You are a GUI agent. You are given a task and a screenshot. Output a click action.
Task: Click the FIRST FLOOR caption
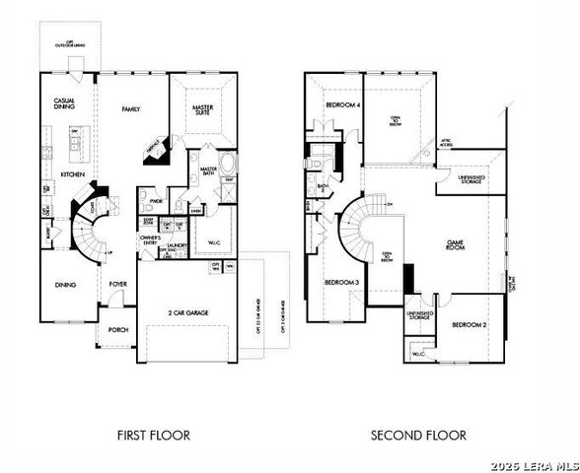click(153, 434)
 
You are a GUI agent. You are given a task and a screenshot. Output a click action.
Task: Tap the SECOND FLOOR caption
click(418, 434)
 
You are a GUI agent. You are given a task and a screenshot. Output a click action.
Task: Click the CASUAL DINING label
click(66, 105)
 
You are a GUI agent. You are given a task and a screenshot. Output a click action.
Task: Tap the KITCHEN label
click(73, 174)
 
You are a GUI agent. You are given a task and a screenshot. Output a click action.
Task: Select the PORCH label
click(118, 331)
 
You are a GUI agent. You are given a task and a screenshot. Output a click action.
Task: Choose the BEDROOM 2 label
click(470, 324)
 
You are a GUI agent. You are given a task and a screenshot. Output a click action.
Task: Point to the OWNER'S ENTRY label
click(150, 239)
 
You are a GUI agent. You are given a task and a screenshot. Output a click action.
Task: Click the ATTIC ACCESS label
click(446, 142)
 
